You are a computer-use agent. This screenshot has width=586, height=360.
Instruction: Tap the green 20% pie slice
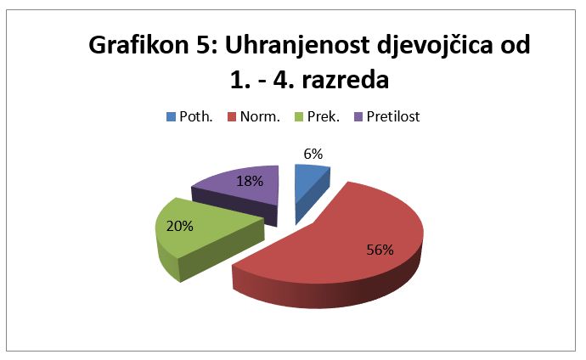coord(202,235)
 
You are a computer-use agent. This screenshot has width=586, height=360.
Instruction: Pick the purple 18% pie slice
coord(243,190)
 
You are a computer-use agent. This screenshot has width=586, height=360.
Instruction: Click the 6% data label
coord(313,154)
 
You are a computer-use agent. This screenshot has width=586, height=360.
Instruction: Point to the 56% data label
coord(380,250)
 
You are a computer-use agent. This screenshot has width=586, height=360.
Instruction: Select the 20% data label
coord(180,226)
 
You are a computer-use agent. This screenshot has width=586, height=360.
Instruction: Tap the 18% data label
coord(250,181)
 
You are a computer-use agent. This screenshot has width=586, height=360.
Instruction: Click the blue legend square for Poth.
coord(171,117)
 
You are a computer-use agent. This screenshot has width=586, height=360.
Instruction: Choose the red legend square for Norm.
coord(232,117)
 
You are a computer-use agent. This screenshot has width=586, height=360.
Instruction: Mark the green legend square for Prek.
coord(299,117)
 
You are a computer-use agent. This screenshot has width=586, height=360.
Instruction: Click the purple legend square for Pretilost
coord(358,117)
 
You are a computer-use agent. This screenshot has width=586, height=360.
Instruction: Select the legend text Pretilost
coord(393,116)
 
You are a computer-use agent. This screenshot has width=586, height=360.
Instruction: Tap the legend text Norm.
coord(260,116)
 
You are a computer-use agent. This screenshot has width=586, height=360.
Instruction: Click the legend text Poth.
coord(196,116)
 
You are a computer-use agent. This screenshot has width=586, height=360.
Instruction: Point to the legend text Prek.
coord(324,116)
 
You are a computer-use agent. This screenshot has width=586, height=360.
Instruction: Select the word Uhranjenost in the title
coord(298,46)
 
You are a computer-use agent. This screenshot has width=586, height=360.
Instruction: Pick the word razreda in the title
coord(346,80)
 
